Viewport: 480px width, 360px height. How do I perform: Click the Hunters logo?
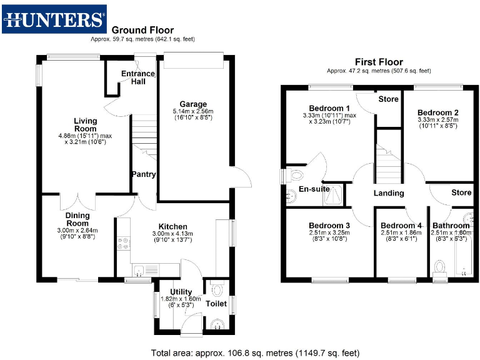pyautogui.click(x=54, y=19)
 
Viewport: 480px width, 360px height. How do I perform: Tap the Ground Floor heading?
pyautogui.click(x=142, y=30)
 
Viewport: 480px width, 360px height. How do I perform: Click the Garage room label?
pyautogui.click(x=193, y=104)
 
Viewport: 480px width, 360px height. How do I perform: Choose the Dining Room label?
pyautogui.click(x=78, y=219)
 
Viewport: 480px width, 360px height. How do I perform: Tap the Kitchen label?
pyautogui.click(x=172, y=226)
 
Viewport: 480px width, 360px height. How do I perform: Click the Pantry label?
pyautogui.click(x=143, y=174)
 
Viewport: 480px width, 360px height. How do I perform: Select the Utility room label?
pyautogui.click(x=181, y=291)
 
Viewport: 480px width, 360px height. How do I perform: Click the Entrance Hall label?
pyautogui.click(x=137, y=78)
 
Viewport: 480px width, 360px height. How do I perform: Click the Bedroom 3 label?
pyautogui.click(x=329, y=226)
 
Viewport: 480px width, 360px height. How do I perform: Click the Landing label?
pyautogui.click(x=389, y=193)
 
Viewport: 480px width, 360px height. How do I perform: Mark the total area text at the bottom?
pyautogui.click(x=255, y=352)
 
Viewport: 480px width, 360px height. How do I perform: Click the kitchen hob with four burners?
pyautogui.click(x=122, y=244)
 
